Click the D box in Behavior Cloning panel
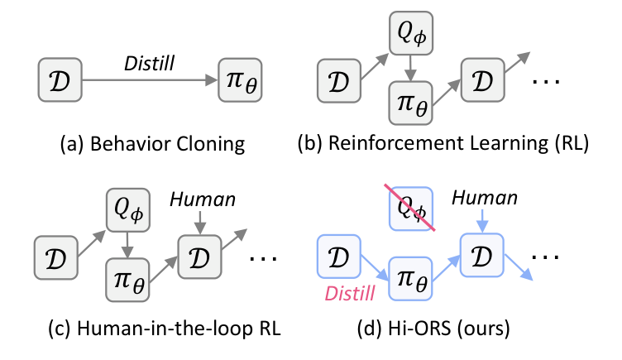click(x=60, y=79)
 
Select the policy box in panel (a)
click(x=241, y=80)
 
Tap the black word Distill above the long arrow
click(x=149, y=64)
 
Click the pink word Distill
click(x=350, y=294)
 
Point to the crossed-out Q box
click(x=411, y=209)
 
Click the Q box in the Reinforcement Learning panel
click(x=411, y=33)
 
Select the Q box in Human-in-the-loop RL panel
click(x=127, y=210)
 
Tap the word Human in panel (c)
click(x=203, y=199)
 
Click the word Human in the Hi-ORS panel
click(x=485, y=198)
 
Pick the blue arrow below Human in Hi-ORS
click(x=482, y=220)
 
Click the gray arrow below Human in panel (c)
click(x=200, y=223)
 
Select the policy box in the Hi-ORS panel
click(x=410, y=279)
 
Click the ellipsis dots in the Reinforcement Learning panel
click(x=545, y=81)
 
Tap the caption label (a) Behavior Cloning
click(x=152, y=144)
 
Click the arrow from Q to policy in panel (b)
click(x=410, y=68)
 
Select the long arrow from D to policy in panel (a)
click(x=150, y=80)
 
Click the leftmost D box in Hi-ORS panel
click(x=339, y=257)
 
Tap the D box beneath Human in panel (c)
click(x=199, y=257)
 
